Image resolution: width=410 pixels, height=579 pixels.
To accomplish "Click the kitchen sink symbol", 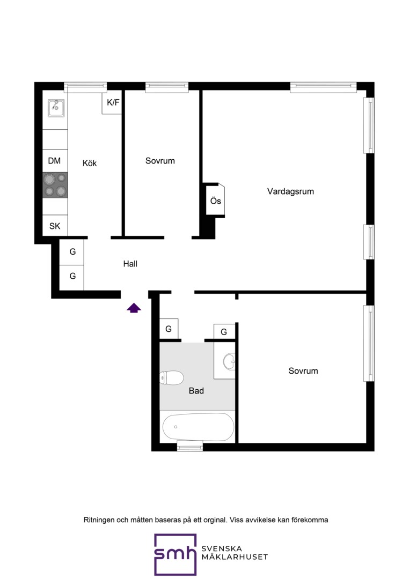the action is tap(56, 108).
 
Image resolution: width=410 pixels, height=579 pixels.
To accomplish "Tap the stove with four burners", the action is tap(55, 185).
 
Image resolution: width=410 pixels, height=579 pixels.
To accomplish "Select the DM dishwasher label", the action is tap(54, 161).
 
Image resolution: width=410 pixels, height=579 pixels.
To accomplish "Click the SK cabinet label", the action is tap(55, 226).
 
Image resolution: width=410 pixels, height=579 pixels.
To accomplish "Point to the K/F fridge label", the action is tap(113, 102).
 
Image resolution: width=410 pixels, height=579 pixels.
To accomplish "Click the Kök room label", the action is tap(90, 163).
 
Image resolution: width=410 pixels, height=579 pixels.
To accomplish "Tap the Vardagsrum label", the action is tap(290, 191).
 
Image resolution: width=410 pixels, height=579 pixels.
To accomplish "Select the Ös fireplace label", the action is tap(216, 201).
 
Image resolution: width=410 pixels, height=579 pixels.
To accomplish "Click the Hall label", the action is tap(130, 264).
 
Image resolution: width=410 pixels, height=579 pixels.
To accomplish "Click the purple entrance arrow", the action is tap(134, 308).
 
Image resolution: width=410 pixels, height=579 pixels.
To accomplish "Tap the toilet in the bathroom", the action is tap(172, 378).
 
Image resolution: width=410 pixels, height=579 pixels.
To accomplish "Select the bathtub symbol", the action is tap(199, 427).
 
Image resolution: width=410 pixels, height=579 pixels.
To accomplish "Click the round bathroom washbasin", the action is tap(229, 361).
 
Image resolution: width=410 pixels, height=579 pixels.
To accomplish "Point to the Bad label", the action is tap(196, 391).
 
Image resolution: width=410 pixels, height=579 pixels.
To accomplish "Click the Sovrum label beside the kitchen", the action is tap(160, 161).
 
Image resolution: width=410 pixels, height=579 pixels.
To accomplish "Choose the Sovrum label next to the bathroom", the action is tap(303, 371).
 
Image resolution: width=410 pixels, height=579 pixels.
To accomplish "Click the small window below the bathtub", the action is tap(190, 446).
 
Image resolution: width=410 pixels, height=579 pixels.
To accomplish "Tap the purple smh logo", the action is tap(175, 554).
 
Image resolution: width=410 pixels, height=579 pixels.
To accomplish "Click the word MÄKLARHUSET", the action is tap(235, 557).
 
